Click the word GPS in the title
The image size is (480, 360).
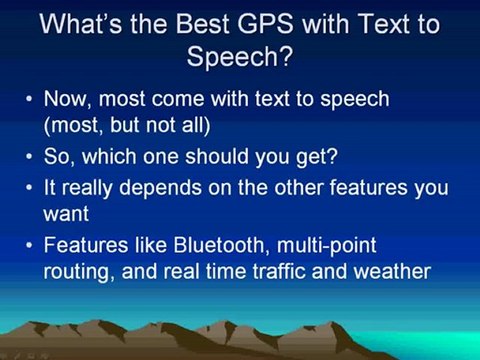click(266, 24)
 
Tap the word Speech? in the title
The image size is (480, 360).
click(240, 56)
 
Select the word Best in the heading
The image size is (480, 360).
click(203, 24)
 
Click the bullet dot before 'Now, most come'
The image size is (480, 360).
click(30, 99)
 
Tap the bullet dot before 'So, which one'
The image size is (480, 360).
click(30, 156)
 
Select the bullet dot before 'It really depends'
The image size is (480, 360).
click(30, 188)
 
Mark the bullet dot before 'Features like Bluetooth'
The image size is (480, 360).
click(30, 245)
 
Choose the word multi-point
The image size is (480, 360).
click(327, 247)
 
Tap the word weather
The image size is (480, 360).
click(392, 271)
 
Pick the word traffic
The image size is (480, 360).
click(279, 271)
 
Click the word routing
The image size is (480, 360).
click(77, 273)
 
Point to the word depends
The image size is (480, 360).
click(160, 189)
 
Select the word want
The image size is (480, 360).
click(66, 214)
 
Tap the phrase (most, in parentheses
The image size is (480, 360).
click(72, 126)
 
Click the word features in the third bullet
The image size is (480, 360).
click(368, 187)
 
